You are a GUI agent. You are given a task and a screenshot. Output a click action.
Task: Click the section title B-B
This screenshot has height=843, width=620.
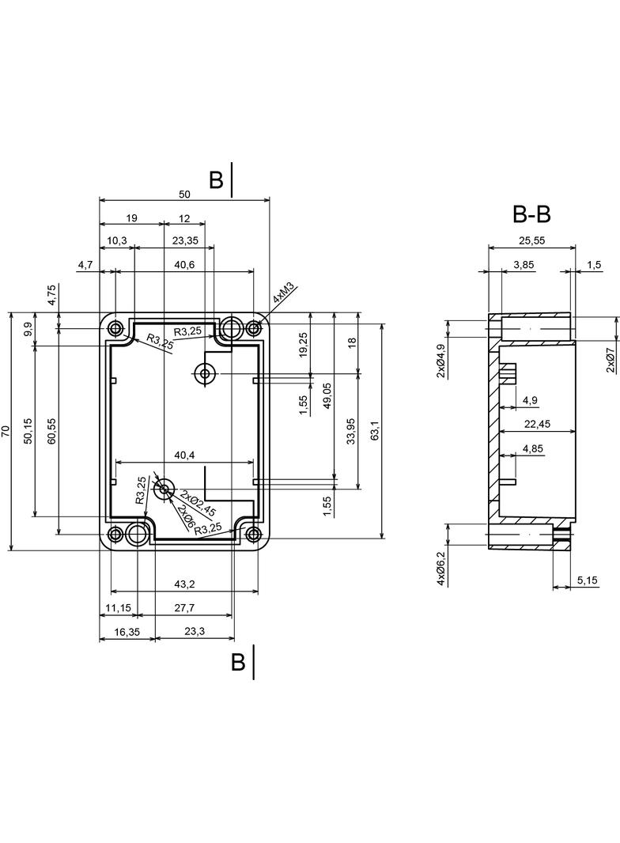531,214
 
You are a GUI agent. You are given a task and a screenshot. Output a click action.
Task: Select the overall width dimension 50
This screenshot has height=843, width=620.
184,194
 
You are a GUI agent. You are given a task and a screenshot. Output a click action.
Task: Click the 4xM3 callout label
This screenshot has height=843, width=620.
283,295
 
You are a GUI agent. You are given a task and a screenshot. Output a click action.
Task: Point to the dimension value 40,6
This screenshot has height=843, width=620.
184,265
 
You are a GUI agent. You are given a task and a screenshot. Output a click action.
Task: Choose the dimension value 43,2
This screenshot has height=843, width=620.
184,584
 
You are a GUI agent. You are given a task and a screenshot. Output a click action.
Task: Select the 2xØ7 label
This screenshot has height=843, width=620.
611,360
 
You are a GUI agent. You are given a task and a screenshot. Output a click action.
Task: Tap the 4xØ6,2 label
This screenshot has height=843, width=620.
440,568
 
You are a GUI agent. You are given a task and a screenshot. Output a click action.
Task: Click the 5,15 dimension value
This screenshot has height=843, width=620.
588,581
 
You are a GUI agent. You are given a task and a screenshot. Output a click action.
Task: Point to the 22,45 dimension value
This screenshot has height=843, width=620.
537,425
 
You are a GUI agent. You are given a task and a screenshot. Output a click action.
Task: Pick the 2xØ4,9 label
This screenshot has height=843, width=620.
440,361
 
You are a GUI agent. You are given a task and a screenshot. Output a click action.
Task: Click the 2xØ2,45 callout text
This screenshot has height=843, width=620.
198,503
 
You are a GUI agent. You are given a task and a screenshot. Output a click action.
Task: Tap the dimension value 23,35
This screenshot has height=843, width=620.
184,241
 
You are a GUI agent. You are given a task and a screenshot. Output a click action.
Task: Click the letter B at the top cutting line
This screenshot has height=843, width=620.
216,180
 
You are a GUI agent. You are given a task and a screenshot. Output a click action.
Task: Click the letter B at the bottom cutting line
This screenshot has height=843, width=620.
238,662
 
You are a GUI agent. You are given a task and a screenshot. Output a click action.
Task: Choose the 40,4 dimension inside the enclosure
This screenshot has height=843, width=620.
184,456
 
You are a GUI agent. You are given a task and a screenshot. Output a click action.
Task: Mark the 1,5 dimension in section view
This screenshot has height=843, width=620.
594,265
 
